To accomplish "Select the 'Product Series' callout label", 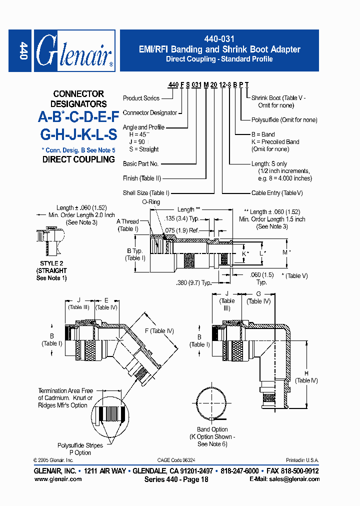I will (141, 98).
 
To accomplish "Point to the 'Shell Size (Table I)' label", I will (146, 193).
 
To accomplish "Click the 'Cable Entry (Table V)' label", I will (277, 193).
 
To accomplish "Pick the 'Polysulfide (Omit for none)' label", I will (284, 120).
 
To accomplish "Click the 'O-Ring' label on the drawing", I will (150, 201).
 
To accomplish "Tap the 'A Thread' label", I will (127, 221).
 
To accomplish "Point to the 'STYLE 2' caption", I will (51, 263).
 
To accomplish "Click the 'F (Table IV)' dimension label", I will (159, 331).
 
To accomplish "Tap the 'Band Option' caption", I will (212, 429).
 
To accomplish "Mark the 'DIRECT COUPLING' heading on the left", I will (78, 159).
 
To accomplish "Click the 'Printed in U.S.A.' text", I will (302, 460).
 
